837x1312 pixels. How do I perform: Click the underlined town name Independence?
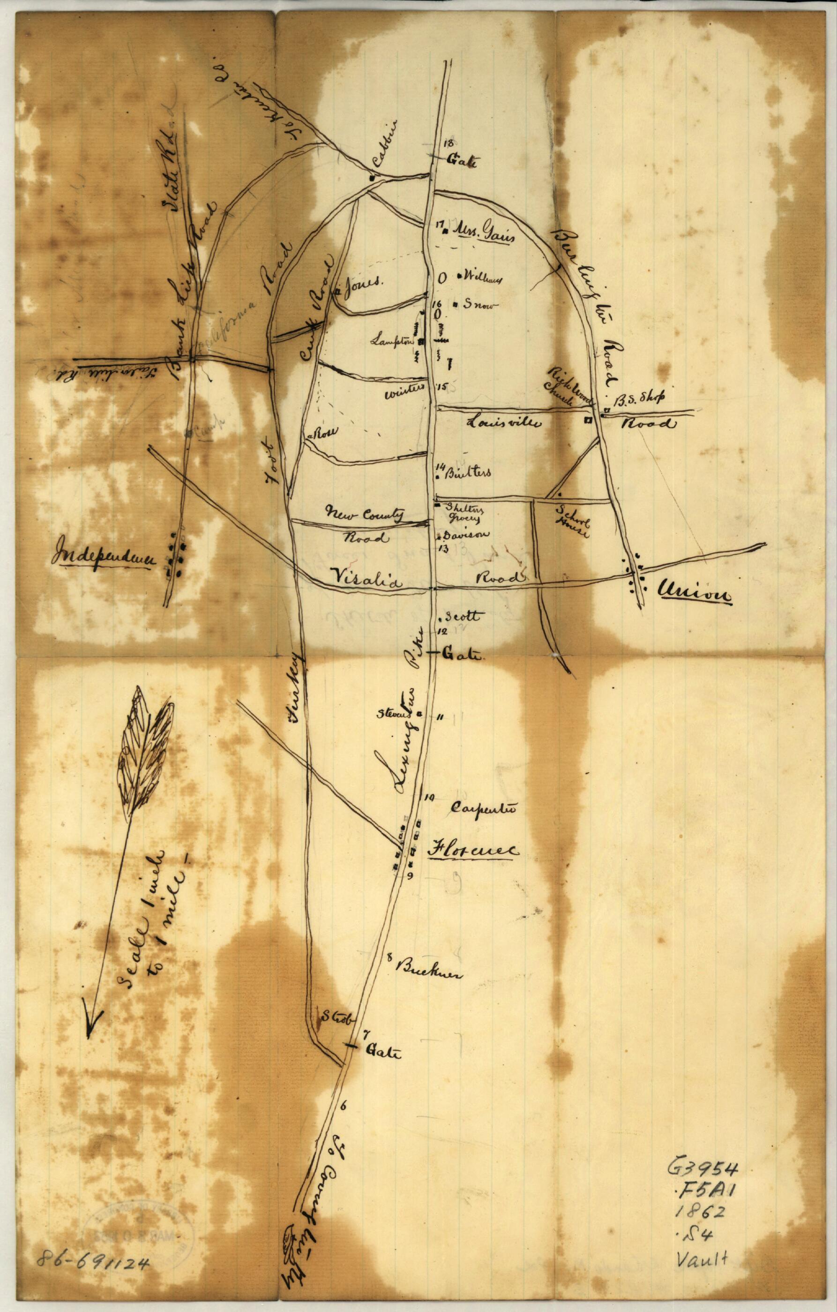point(102,558)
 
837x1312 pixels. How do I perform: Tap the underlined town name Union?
point(695,592)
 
